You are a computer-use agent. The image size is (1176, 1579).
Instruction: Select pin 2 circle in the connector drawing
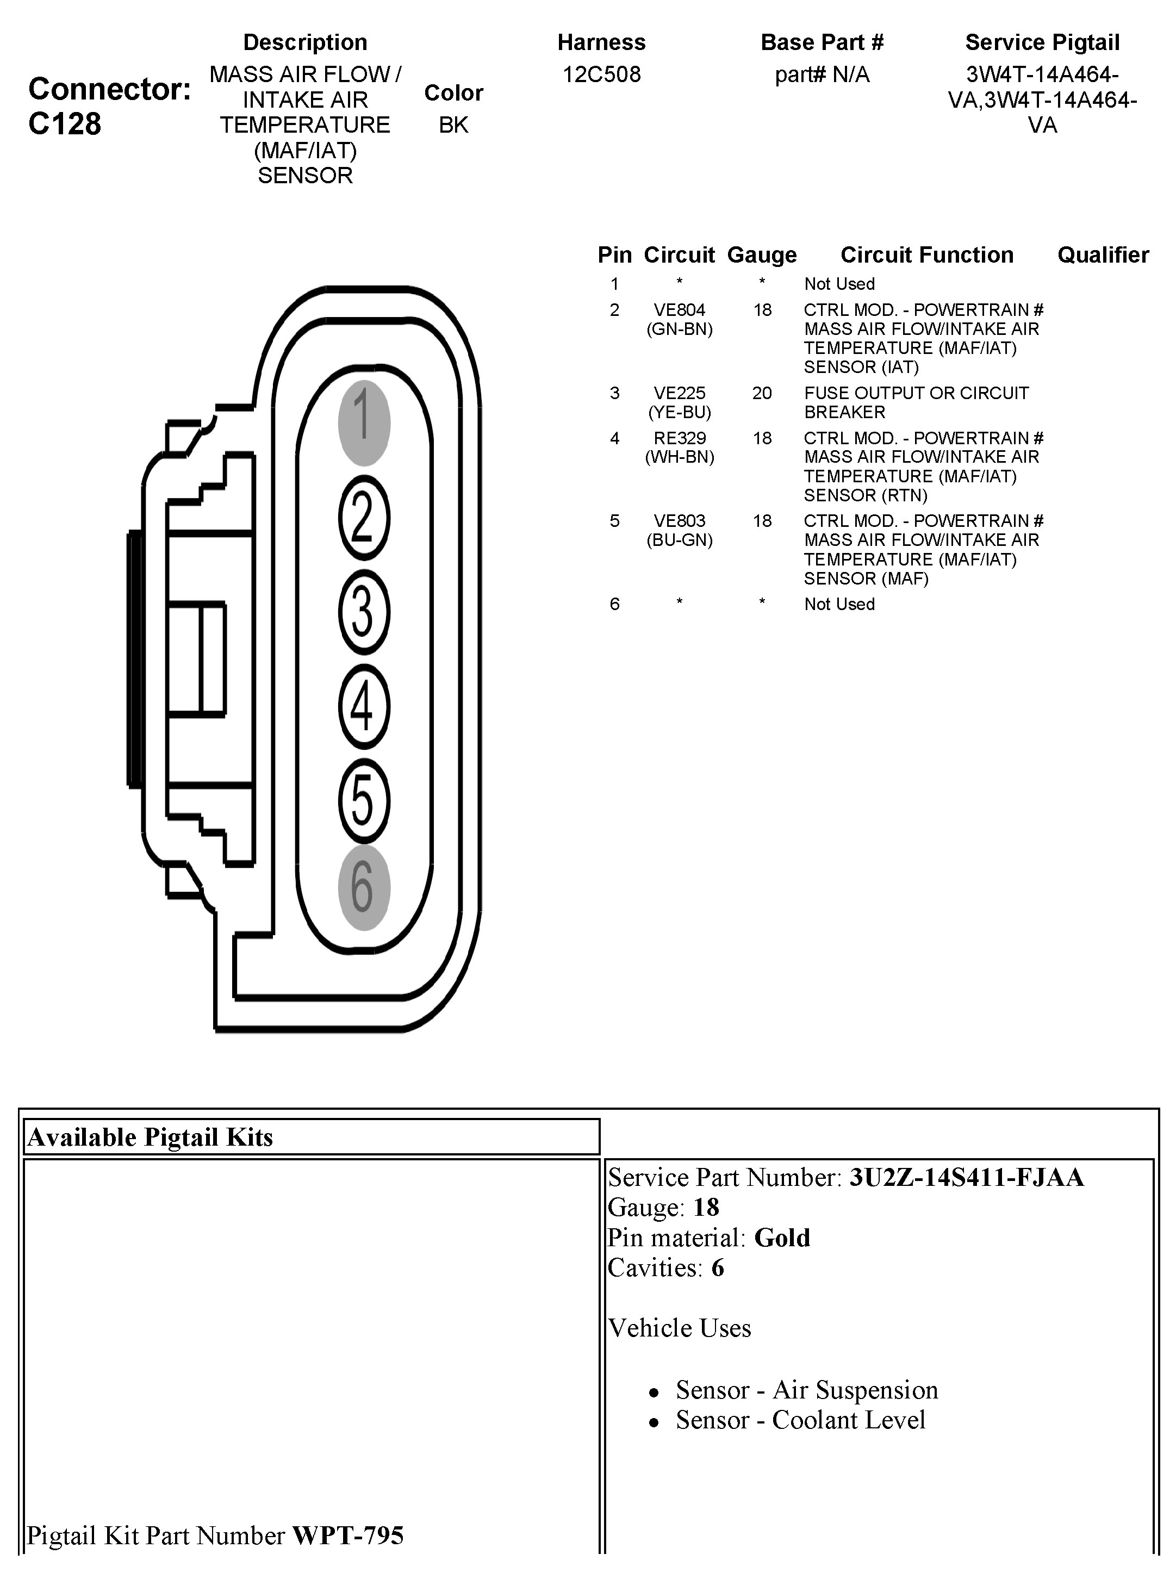click(364, 518)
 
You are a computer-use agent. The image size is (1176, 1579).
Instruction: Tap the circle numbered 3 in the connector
click(364, 612)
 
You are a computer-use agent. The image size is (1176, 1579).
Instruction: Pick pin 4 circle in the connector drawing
click(364, 706)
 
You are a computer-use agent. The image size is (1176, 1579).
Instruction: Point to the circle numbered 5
click(364, 801)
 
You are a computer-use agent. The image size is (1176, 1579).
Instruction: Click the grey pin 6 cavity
click(364, 888)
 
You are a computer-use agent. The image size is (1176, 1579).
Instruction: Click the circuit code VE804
click(679, 310)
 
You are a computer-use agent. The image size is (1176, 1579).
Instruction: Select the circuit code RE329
click(679, 439)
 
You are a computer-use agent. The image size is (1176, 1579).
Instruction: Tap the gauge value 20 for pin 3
click(762, 393)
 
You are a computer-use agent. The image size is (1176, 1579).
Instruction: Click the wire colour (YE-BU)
click(679, 412)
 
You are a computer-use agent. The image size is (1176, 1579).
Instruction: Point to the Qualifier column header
click(1103, 255)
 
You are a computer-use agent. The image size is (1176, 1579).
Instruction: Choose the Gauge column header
click(762, 255)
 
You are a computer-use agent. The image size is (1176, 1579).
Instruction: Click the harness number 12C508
click(601, 74)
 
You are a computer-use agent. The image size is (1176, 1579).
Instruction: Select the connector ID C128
click(65, 125)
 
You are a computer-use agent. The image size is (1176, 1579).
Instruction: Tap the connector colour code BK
click(453, 125)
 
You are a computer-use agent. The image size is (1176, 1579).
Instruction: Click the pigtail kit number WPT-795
click(348, 1536)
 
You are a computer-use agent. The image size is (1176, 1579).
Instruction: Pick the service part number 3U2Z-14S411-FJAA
click(966, 1178)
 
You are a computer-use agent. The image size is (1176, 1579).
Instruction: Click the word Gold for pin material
click(782, 1238)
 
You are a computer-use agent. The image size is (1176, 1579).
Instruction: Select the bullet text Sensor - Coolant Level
click(800, 1420)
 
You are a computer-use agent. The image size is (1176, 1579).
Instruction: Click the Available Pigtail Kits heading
click(150, 1137)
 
